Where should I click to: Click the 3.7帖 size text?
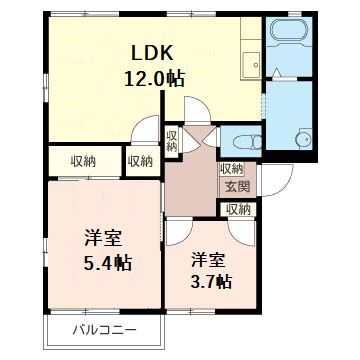point(211,281)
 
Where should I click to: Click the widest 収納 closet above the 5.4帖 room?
point(84,161)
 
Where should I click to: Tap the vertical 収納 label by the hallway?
point(172,141)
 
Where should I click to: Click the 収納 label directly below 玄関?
point(238,209)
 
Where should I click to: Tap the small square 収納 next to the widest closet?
point(141,161)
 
